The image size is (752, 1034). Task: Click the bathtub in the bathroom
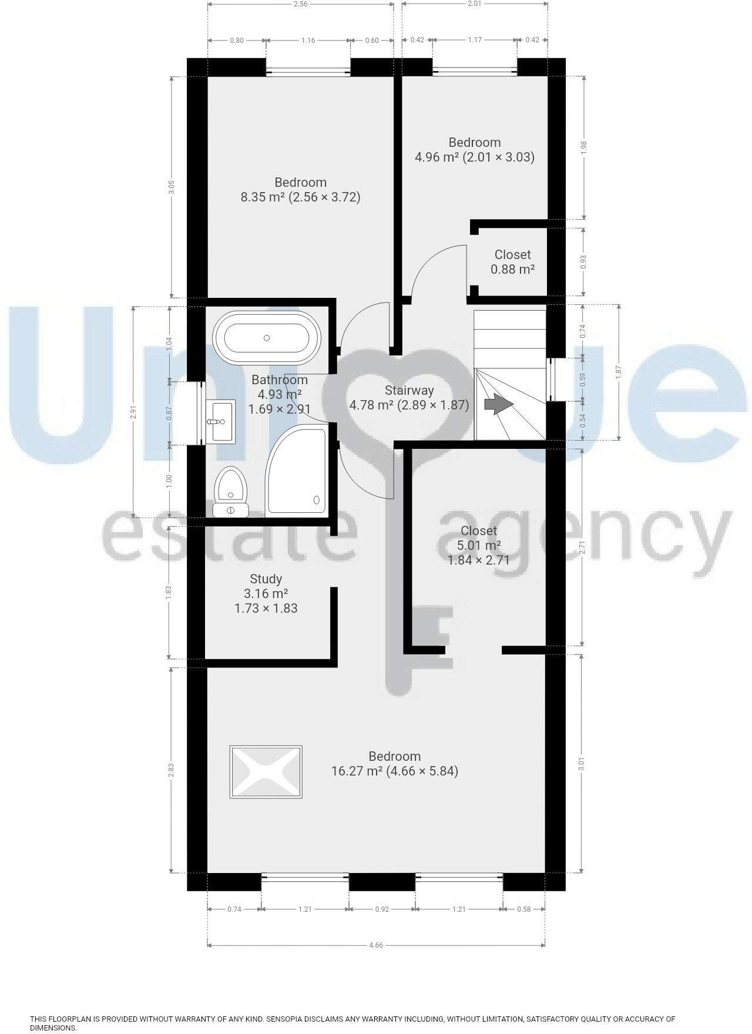267,338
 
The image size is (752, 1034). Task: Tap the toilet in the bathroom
231,490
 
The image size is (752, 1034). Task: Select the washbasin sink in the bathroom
220,421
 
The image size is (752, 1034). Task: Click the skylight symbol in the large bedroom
266,771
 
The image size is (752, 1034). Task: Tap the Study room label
266,579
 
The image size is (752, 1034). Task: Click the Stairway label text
409,390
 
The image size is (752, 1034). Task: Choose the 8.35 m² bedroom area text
262,197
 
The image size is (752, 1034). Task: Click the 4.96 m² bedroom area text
437,157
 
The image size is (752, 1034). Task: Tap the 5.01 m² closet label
478,545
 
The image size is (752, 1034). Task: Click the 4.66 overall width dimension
376,945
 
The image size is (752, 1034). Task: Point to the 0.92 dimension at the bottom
382,909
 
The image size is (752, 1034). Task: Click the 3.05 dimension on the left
171,187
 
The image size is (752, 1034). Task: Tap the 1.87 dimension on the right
618,372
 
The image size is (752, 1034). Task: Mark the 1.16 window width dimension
308,41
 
